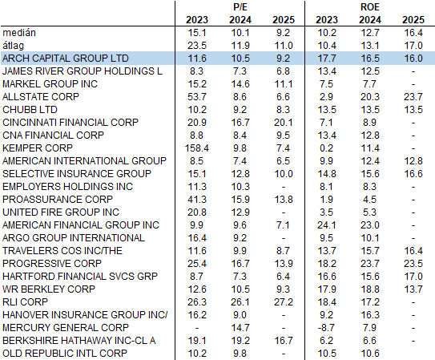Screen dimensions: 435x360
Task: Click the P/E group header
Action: click(x=240, y=7)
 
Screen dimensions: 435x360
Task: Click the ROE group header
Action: click(x=370, y=7)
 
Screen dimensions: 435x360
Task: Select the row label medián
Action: click(x=19, y=33)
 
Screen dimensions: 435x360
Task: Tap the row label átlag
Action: click(x=14, y=46)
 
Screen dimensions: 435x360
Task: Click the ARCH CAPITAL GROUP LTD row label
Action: click(x=66, y=59)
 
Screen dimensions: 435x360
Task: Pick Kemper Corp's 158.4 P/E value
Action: click(x=197, y=148)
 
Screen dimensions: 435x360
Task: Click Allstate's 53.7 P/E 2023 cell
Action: click(x=197, y=97)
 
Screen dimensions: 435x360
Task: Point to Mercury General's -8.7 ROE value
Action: click(x=326, y=328)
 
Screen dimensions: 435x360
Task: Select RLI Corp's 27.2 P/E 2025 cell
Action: click(x=284, y=302)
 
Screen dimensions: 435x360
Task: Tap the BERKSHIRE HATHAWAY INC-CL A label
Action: click(x=79, y=341)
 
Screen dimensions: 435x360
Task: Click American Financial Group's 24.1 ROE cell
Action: click(x=327, y=225)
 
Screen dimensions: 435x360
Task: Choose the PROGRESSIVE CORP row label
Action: click(x=52, y=264)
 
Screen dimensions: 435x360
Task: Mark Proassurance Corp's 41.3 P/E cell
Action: click(x=197, y=200)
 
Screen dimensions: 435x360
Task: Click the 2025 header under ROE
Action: click(x=413, y=20)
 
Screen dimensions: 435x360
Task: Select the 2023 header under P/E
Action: click(x=197, y=20)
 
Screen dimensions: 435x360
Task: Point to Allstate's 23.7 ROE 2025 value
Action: click(x=413, y=97)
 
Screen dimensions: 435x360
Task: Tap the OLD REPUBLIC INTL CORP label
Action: click(x=65, y=354)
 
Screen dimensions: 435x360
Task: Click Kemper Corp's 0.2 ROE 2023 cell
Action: click(x=326, y=148)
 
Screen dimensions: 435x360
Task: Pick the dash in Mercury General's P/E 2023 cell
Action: click(x=197, y=328)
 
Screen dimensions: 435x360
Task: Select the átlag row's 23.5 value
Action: click(x=197, y=46)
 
